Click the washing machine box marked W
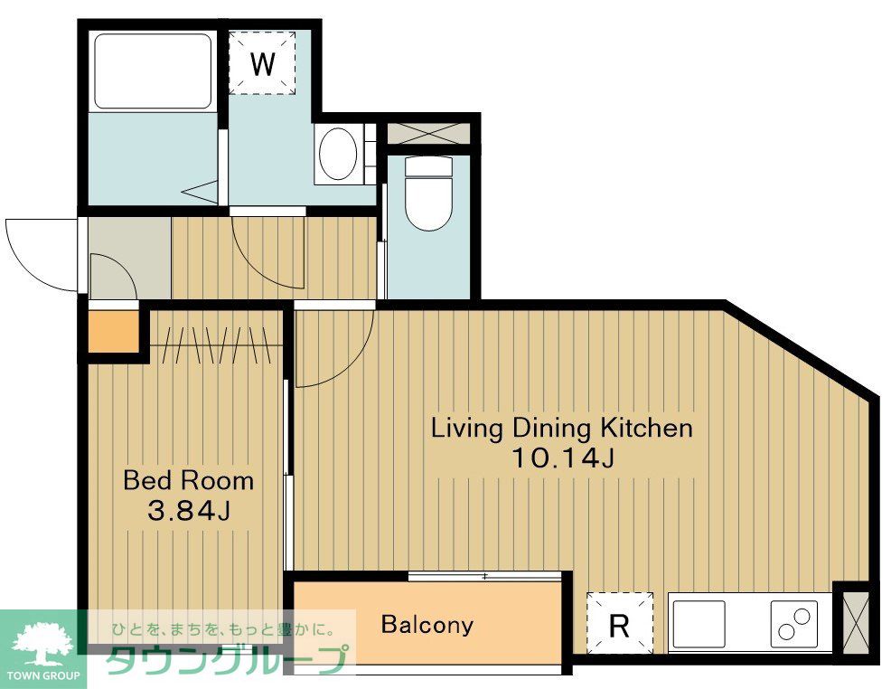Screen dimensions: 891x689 tap(263, 63)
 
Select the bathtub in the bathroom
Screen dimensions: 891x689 tap(153, 71)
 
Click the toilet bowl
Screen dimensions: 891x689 tap(429, 193)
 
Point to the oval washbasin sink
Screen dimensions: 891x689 tap(338, 154)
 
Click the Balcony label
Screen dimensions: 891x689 tap(427, 624)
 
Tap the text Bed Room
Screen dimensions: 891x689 tap(188, 480)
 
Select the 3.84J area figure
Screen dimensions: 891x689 tap(189, 511)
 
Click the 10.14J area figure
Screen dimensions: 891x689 tap(563, 458)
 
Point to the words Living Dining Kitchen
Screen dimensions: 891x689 tap(562, 428)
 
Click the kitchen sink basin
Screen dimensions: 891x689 tap(699, 624)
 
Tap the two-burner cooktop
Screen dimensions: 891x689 tap(793, 624)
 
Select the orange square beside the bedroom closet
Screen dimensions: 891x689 tap(114, 332)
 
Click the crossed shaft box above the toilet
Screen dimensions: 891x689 tap(429, 133)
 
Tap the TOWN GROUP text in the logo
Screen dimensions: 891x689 tap(43, 676)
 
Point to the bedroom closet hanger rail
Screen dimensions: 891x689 tap(216, 345)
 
